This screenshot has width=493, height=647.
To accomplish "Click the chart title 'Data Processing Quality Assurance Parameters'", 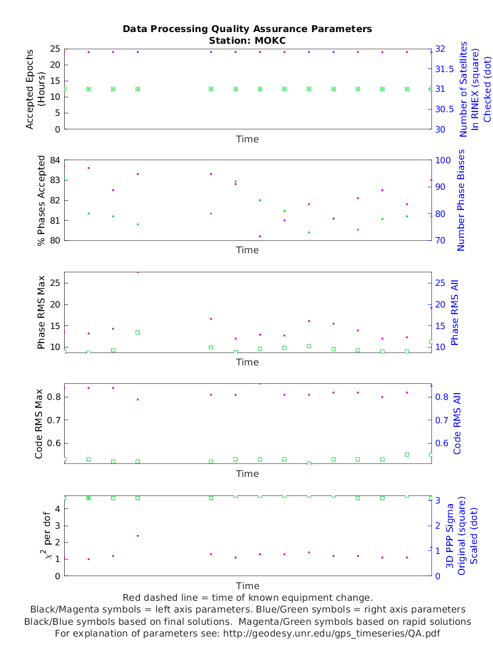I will [247, 29].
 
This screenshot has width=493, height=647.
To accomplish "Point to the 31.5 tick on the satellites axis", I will [444, 68].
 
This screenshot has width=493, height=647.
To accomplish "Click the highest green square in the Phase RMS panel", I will [137, 333].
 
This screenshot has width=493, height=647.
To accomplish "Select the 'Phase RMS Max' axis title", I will [41, 312].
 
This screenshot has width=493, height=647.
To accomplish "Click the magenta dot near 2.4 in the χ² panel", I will [137, 535].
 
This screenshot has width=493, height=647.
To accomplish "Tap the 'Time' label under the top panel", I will [247, 139].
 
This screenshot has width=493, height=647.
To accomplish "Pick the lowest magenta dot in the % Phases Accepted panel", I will [260, 237].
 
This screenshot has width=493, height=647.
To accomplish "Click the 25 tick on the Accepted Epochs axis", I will [54, 49].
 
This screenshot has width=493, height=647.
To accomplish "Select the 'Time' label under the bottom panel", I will [247, 585].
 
